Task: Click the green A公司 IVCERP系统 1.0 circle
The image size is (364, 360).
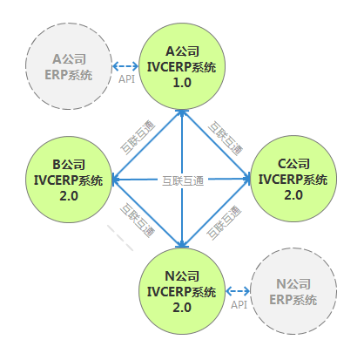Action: pyautogui.click(x=182, y=66)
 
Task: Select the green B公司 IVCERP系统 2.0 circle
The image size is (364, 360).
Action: pyautogui.click(x=69, y=180)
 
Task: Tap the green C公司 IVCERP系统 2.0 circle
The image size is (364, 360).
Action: pyautogui.click(x=293, y=179)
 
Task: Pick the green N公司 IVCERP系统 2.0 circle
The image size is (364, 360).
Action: pyautogui.click(x=182, y=291)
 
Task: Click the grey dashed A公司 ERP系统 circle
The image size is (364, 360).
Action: pyautogui.click(x=69, y=66)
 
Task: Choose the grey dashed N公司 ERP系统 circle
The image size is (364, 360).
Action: pyautogui.click(x=293, y=291)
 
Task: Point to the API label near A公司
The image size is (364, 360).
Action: pyautogui.click(x=126, y=79)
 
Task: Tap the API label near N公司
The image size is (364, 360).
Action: pyautogui.click(x=239, y=305)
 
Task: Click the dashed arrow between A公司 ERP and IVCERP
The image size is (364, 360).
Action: pyautogui.click(x=125, y=66)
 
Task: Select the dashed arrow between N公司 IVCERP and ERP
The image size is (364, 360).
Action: pyautogui.click(x=238, y=291)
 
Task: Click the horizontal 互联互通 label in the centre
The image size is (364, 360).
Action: pyautogui.click(x=183, y=180)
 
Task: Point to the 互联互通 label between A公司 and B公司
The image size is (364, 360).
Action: pyautogui.click(x=138, y=137)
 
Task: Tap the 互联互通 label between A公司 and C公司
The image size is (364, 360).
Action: pyautogui.click(x=226, y=139)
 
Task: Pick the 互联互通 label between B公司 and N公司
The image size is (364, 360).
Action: pyautogui.click(x=138, y=221)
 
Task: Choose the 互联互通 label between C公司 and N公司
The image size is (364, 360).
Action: pyautogui.click(x=224, y=222)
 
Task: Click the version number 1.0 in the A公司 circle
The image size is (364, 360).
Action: pyautogui.click(x=182, y=83)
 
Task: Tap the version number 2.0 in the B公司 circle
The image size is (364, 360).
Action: pyautogui.click(x=69, y=196)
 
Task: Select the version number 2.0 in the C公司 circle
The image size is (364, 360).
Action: pyautogui.click(x=293, y=195)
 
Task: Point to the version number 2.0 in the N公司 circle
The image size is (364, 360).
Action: pyautogui.click(x=182, y=308)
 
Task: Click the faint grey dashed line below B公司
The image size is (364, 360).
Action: pyautogui.click(x=120, y=238)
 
